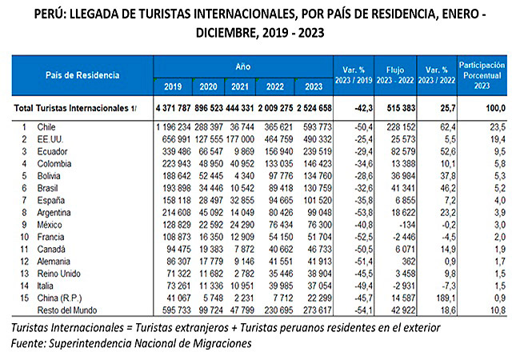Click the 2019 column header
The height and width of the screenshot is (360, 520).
point(172,86)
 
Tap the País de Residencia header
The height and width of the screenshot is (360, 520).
point(83,74)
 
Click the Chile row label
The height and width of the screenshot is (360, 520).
point(46,126)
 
